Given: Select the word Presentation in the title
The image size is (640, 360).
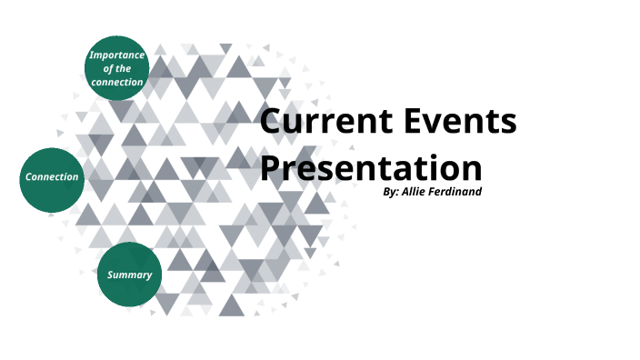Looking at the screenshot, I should coord(371,170).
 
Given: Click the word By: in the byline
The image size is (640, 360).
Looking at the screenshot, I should coord(392,192).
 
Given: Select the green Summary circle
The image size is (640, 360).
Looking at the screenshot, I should coord(129,275).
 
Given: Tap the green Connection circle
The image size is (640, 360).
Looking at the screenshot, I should coord(52,178).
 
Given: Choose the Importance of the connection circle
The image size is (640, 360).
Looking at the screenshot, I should coord(116,68).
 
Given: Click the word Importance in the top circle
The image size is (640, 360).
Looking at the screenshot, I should coord(116,55).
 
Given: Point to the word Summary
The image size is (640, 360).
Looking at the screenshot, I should coord(129,275).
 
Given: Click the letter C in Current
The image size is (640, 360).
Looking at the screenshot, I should coord(273,123).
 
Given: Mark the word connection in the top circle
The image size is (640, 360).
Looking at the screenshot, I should coord(116,82).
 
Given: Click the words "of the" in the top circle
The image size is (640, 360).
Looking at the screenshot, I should coord(117,68).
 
